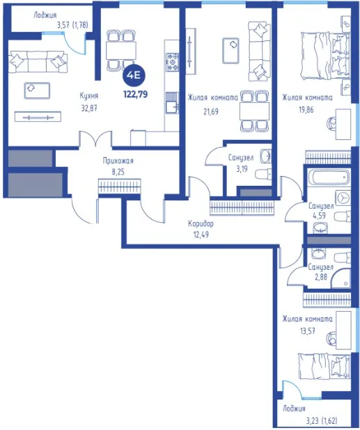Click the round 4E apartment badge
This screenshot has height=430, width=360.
134,75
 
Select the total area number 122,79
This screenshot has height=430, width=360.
136,95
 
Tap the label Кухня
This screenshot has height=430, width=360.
89,96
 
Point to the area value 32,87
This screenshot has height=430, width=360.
89,109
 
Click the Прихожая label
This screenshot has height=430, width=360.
118,161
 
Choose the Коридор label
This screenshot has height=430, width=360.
201,224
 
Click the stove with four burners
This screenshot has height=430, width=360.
172,62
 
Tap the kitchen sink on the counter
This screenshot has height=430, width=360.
172,103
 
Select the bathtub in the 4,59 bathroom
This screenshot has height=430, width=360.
329,177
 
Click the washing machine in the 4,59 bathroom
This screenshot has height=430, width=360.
343,198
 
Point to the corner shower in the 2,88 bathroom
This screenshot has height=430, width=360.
341,278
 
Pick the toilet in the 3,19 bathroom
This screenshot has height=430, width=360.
263,175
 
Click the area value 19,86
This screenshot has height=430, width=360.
306,110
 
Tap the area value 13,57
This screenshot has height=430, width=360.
307,331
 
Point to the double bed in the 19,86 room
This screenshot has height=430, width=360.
326,56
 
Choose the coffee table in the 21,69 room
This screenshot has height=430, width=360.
230,51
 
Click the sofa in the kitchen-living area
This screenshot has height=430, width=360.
38,62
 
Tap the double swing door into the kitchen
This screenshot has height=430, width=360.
95,139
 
